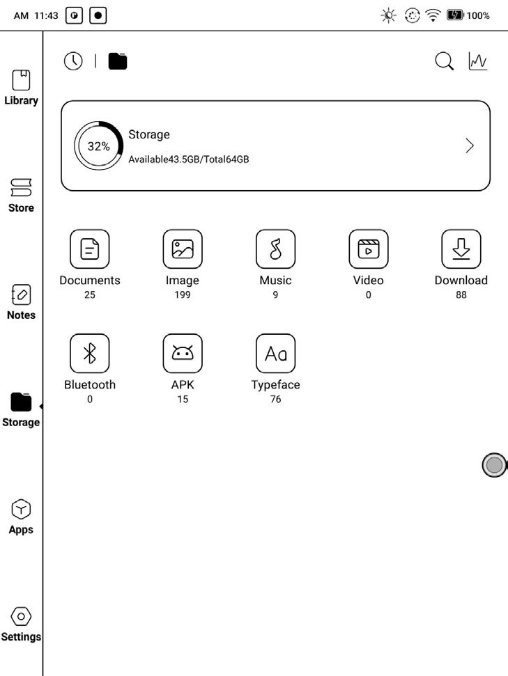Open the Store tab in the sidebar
click(x=21, y=187)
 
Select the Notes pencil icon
click(x=21, y=294)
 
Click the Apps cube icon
click(x=21, y=509)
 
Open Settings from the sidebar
click(x=21, y=616)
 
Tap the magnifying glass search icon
click(x=444, y=61)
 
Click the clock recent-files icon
click(x=72, y=61)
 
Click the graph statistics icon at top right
click(x=478, y=61)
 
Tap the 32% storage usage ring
click(x=98, y=146)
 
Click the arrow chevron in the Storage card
click(x=469, y=146)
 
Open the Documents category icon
click(x=90, y=249)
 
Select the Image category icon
click(x=183, y=249)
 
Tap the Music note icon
click(x=275, y=249)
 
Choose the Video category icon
click(x=368, y=249)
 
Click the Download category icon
click(x=461, y=249)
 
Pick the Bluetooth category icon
click(x=90, y=354)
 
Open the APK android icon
click(x=183, y=354)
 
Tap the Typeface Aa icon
click(x=275, y=354)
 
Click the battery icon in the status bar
click(x=455, y=15)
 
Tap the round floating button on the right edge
click(x=494, y=465)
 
